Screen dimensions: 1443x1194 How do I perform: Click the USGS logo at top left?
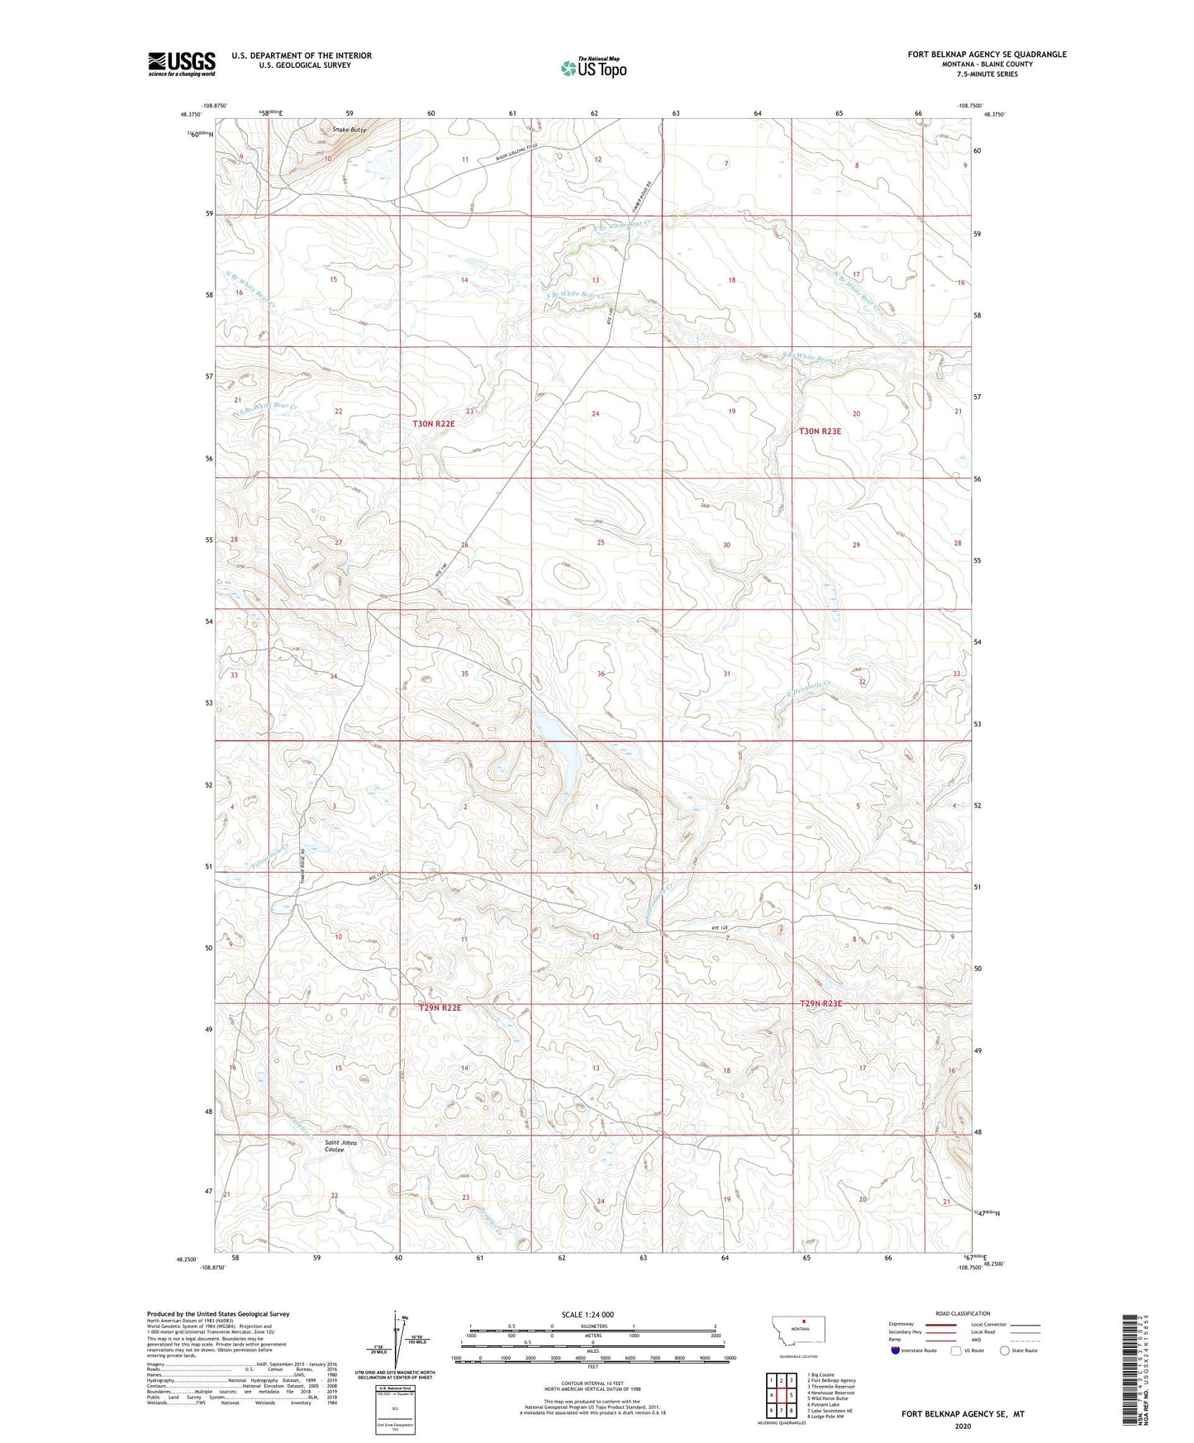tap(182, 63)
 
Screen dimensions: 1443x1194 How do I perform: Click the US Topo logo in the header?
tap(594, 68)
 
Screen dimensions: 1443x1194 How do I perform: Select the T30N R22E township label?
tap(434, 423)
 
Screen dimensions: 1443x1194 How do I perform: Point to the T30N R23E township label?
tap(820, 431)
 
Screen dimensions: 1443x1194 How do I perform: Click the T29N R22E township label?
tap(440, 1008)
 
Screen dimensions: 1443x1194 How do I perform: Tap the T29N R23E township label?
tap(821, 1003)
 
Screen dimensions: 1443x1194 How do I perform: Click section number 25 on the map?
tap(601, 543)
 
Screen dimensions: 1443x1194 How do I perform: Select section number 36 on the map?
tap(601, 674)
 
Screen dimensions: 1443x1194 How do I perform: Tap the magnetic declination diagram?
tap(401, 1342)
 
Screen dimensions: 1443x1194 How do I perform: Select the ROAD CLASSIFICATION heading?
tap(963, 1313)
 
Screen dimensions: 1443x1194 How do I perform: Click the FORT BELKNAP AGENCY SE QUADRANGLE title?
tap(987, 55)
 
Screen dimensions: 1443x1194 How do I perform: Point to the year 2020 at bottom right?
tap(963, 1426)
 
